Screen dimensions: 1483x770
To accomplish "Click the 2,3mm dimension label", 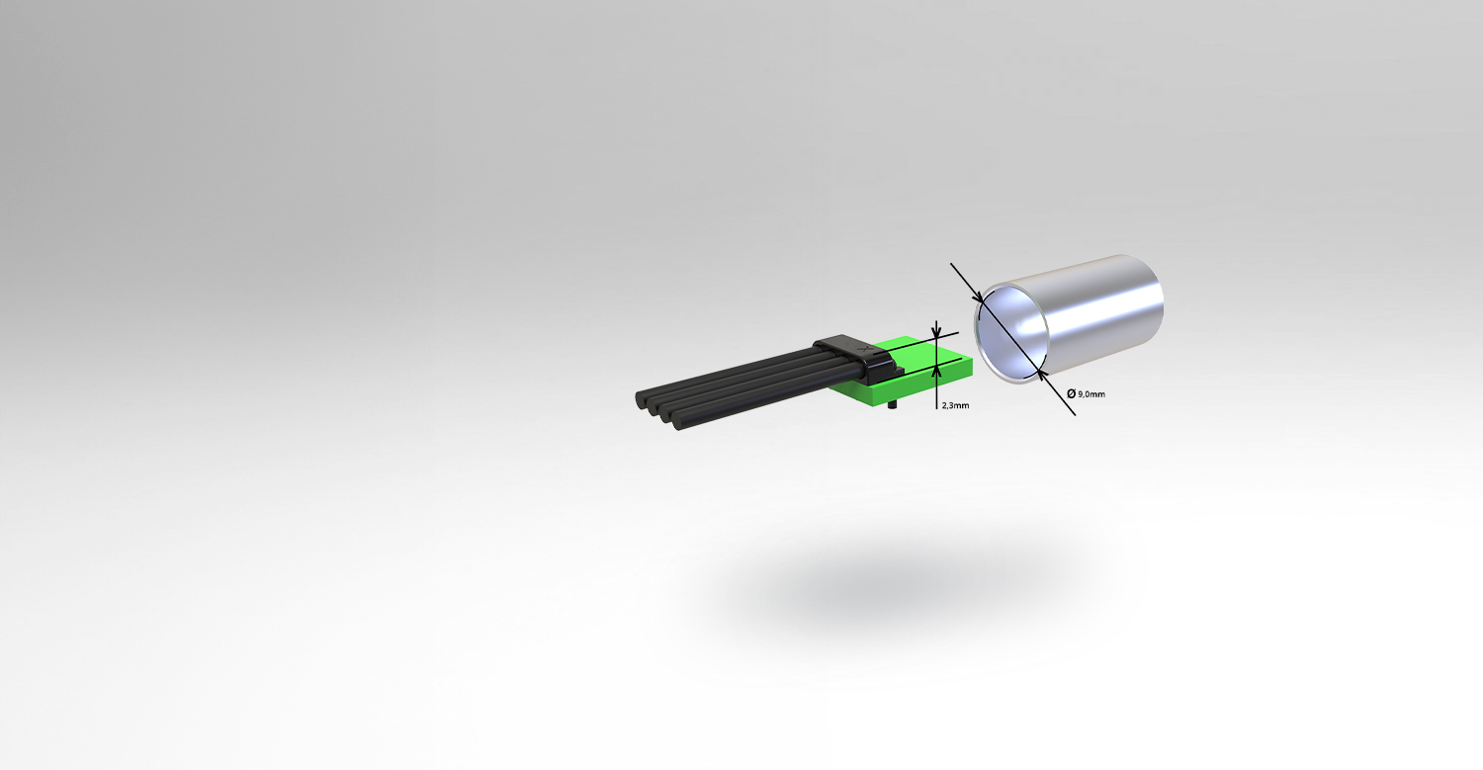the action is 955,405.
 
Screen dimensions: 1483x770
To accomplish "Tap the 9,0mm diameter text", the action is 1091,394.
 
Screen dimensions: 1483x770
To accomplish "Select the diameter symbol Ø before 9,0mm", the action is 1071,393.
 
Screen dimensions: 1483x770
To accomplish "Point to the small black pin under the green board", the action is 892,404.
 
